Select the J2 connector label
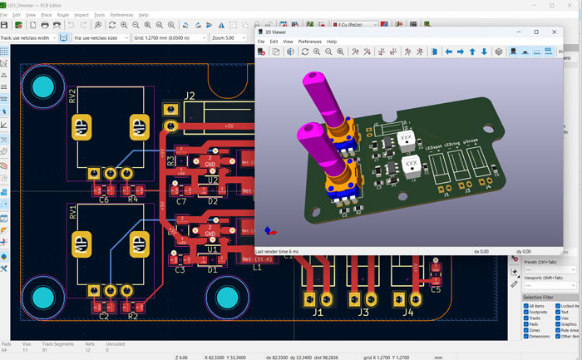pyautogui.click(x=190, y=96)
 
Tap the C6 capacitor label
pyautogui.click(x=104, y=200)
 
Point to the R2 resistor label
pyautogui.click(x=131, y=317)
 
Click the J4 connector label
pyautogui.click(x=407, y=313)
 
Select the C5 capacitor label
pyautogui.click(x=436, y=289)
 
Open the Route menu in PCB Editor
pyautogui.click(x=63, y=15)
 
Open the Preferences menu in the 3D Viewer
pyautogui.click(x=309, y=42)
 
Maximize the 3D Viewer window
pyautogui.click(x=536, y=32)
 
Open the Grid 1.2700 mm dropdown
pyautogui.click(x=170, y=37)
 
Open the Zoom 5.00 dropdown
pyautogui.click(x=229, y=37)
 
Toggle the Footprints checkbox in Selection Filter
pyautogui.click(x=526, y=313)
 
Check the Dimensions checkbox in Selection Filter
pyautogui.click(x=526, y=336)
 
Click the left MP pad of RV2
pyautogui.click(x=82, y=128)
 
